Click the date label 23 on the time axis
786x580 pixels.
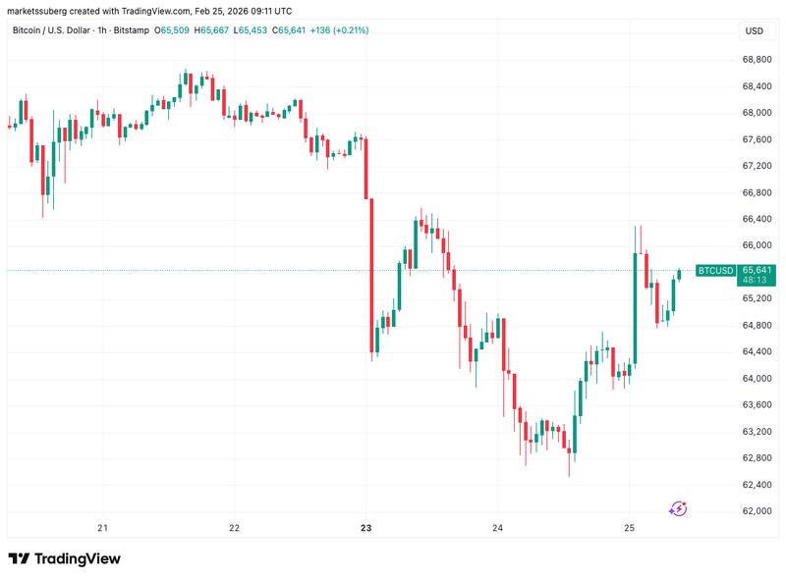click(x=365, y=527)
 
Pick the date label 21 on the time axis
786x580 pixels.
click(x=102, y=527)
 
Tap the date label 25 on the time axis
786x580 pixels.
click(x=630, y=527)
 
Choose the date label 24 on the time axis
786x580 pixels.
click(x=498, y=527)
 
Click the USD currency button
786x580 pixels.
click(x=755, y=31)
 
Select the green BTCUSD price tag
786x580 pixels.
click(x=715, y=270)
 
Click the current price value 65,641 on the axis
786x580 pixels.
click(x=757, y=269)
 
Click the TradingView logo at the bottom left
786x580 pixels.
click(x=65, y=558)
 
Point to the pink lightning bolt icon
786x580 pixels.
click(x=678, y=507)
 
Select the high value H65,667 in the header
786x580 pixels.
click(x=213, y=31)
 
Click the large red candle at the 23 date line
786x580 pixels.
click(x=370, y=275)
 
